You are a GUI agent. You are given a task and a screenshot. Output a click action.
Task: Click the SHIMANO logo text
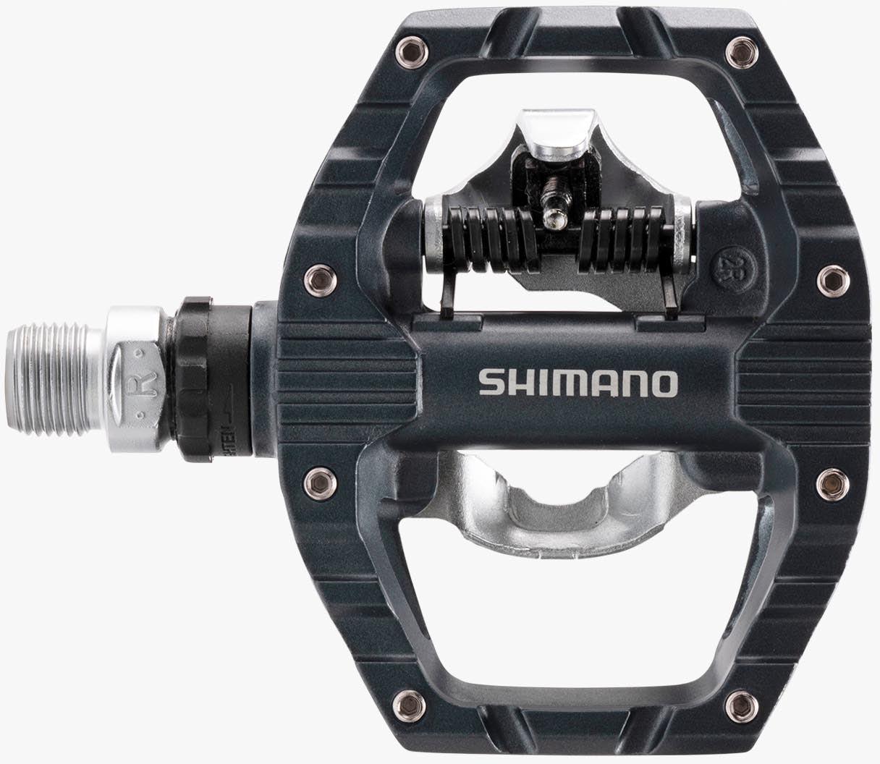[x=577, y=383]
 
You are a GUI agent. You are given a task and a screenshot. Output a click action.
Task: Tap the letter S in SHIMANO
[x=489, y=383]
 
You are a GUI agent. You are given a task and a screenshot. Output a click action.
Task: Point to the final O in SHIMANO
[x=664, y=383]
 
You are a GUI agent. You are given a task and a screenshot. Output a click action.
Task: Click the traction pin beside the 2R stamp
[x=828, y=277]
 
